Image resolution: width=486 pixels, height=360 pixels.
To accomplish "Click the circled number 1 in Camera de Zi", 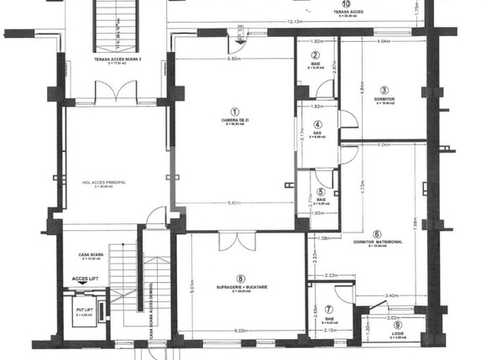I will [235, 111].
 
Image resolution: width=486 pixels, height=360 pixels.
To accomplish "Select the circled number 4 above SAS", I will [318, 124].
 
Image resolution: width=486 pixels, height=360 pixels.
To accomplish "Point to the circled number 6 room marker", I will [377, 234].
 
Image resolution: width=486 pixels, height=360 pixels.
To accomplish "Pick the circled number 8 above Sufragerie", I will [240, 279].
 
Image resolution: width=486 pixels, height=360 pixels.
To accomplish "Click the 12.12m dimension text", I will [294, 22].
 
